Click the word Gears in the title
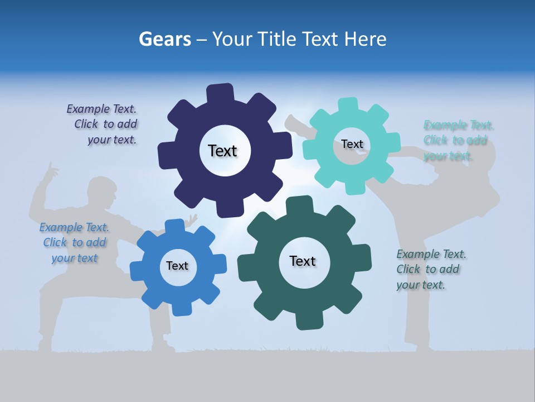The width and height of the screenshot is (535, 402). click(163, 39)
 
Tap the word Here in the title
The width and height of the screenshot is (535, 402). click(366, 39)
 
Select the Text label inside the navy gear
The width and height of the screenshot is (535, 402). click(222, 151)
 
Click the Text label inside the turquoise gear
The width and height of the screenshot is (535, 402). click(352, 144)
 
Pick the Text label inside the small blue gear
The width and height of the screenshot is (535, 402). click(177, 266)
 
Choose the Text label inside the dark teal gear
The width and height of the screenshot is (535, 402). click(303, 261)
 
